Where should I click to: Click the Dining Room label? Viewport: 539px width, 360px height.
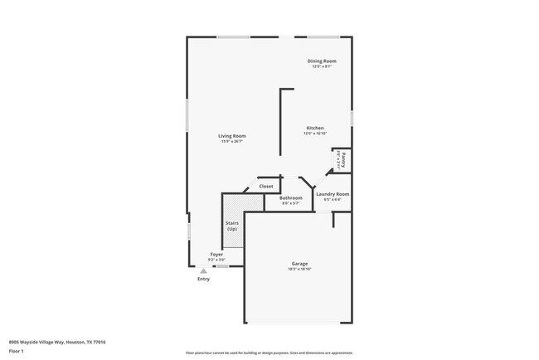click(322, 61)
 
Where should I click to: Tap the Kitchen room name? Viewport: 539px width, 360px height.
click(315, 128)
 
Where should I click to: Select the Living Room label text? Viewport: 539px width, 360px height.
click(232, 136)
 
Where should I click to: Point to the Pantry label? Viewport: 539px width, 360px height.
click(342, 159)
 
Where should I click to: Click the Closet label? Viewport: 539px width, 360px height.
click(266, 187)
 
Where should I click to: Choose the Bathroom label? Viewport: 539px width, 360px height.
click(290, 197)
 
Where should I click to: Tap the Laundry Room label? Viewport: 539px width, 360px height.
click(333, 194)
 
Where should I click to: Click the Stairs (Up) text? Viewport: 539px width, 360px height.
click(232, 226)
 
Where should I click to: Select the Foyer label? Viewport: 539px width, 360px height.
click(216, 254)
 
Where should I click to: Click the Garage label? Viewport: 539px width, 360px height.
click(299, 263)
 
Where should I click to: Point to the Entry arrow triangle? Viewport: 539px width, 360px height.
click(203, 270)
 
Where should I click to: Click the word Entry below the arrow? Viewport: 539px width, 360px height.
click(203, 279)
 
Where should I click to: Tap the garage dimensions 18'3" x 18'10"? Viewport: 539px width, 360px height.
click(299, 269)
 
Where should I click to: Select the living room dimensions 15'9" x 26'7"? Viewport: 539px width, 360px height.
click(232, 142)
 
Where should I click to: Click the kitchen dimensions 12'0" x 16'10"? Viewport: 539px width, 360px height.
click(315, 134)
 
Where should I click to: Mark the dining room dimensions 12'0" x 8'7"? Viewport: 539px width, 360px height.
click(322, 66)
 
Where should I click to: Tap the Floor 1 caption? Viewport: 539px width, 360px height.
click(17, 351)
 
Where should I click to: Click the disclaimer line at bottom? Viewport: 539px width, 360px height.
click(269, 353)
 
